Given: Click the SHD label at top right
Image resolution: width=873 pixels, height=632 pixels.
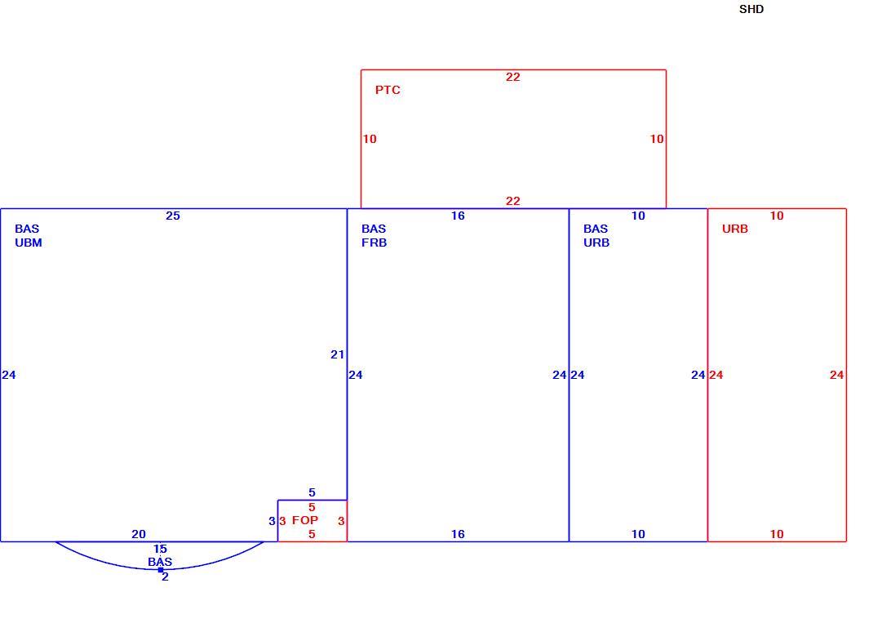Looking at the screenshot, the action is click(x=751, y=10).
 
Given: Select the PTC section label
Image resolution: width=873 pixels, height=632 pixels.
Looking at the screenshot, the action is click(x=388, y=90).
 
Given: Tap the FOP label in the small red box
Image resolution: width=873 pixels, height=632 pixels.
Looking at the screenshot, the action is click(x=305, y=520).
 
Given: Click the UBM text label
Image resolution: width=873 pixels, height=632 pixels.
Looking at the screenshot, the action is click(x=29, y=243).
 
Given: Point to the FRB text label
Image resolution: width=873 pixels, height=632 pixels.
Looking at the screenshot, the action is click(x=374, y=243).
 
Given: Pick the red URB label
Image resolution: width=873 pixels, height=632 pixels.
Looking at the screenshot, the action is click(x=735, y=229).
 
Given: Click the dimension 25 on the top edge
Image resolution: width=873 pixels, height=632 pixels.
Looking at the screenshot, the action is click(x=173, y=216).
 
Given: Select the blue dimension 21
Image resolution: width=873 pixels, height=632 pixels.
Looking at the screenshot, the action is click(x=338, y=354).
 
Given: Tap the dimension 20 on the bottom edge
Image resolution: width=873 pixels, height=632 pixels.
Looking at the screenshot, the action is click(x=139, y=534).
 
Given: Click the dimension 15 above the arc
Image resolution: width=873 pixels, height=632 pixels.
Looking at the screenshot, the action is click(x=161, y=549).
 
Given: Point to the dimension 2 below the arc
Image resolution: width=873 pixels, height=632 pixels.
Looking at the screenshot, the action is click(x=166, y=576).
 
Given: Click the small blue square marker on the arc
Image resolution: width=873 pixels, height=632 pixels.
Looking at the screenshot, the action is click(x=161, y=570).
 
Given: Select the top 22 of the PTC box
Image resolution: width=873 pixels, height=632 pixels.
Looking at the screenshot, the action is click(x=512, y=77).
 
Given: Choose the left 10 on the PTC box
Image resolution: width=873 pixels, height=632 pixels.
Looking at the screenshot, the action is click(x=370, y=139).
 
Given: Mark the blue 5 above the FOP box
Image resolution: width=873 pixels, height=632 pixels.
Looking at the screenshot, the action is click(x=312, y=492).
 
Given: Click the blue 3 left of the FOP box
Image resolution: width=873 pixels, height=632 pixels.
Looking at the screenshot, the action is click(x=272, y=521).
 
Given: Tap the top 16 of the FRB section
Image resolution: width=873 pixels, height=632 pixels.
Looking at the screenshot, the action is click(x=458, y=216).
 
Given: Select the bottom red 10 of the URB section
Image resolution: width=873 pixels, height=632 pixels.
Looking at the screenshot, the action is click(x=777, y=534).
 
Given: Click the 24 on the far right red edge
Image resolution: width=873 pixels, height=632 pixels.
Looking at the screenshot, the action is click(x=837, y=375).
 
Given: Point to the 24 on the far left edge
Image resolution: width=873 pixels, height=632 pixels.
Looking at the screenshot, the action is click(x=9, y=375).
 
